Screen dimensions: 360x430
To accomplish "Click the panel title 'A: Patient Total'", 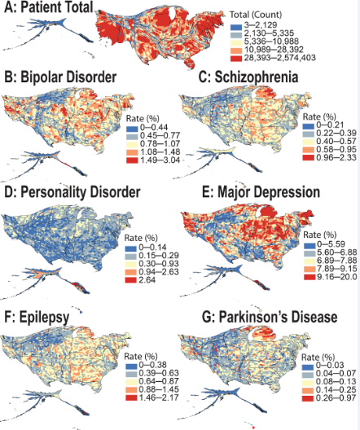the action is pos(49,7).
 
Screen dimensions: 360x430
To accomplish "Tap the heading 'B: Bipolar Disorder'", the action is pos(60,77).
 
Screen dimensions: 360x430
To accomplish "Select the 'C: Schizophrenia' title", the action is pos(248,77).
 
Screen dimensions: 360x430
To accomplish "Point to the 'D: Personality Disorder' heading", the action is pos(72,192).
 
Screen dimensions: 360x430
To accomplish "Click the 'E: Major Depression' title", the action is pos(261,192).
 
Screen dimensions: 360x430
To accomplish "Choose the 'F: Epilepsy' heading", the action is pos(37,318).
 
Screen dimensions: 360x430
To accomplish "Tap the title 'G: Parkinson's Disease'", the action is pos(270,318).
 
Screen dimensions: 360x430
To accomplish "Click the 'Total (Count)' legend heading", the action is pos(256,15).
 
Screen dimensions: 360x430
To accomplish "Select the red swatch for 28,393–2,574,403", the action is pos(236,58).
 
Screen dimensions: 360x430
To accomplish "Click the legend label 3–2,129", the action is pos(261,25).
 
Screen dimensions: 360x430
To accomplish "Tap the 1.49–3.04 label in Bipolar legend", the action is pos(160,160).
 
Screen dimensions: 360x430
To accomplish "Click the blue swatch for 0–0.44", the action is pos(132,128).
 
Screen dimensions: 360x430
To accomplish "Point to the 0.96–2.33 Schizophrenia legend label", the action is pos(336,158).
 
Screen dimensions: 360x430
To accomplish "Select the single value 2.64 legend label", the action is pos(147,280).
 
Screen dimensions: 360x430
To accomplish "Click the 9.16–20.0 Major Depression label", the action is pos(337,277).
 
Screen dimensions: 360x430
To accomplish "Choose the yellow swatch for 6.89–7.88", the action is pos(310,261).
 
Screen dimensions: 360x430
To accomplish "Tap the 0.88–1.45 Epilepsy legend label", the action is pos(159,389).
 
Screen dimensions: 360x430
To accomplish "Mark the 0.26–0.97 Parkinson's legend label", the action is pos(336,398).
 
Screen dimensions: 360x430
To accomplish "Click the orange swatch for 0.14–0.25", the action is pos(308,390).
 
